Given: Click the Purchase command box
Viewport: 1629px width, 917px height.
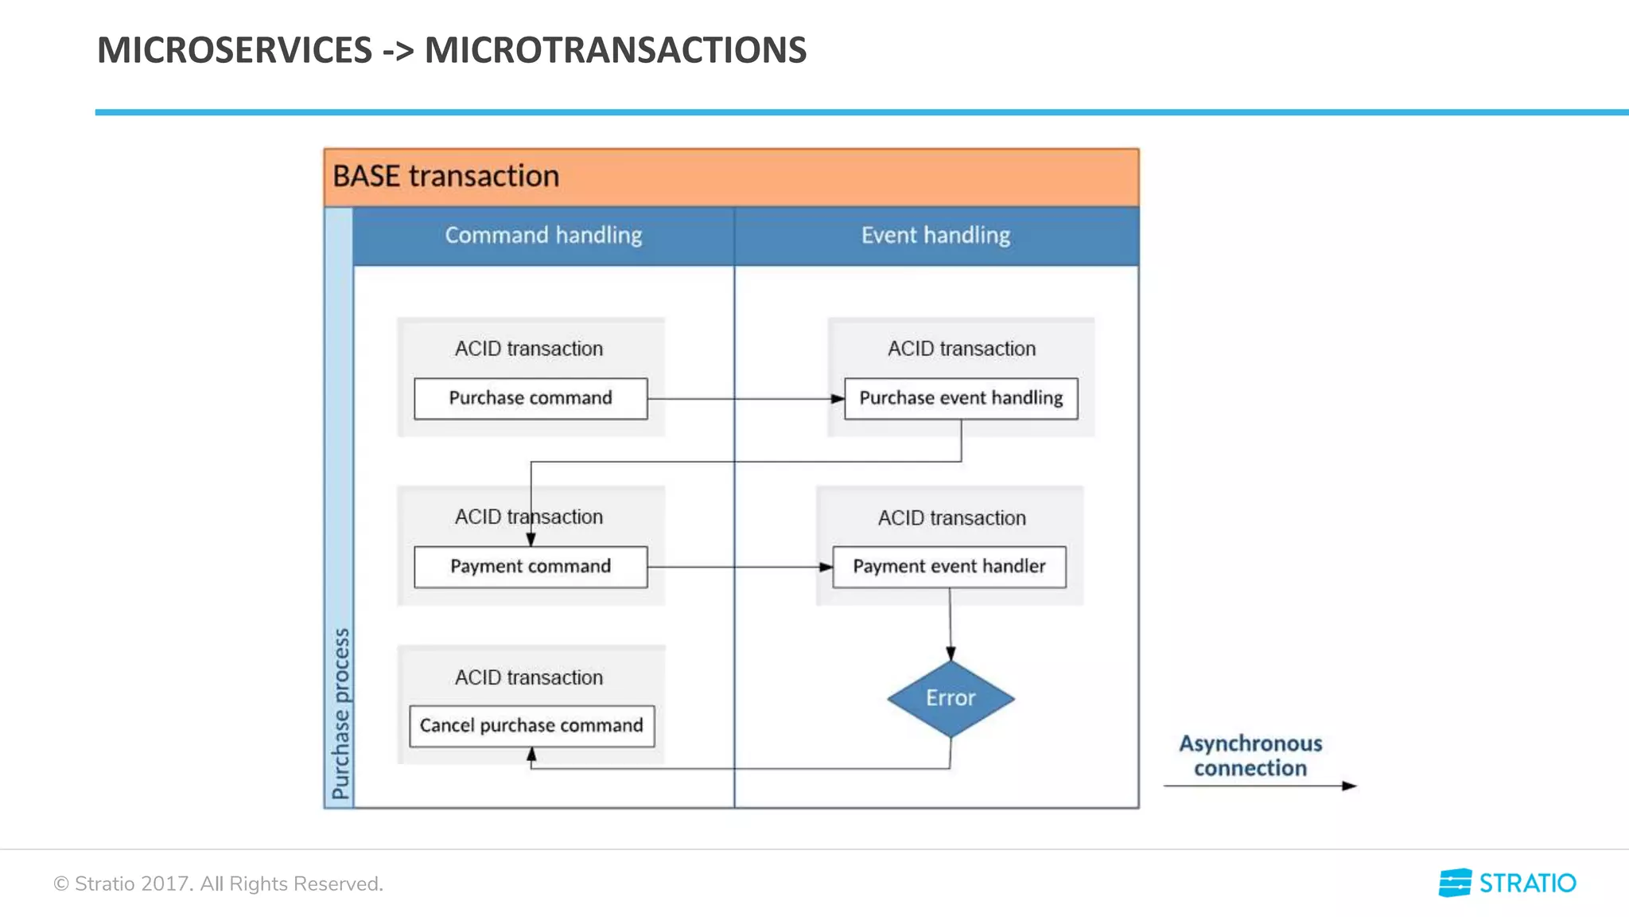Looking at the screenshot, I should (x=531, y=398).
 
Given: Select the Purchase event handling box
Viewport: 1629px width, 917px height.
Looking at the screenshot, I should (x=961, y=398).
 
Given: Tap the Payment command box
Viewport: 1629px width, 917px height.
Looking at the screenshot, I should (x=531, y=567).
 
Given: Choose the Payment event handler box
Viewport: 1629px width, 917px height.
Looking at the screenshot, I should (x=949, y=567).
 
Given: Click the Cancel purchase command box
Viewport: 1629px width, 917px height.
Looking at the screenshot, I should (x=531, y=726).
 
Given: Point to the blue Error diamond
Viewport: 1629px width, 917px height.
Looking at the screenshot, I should (x=951, y=699).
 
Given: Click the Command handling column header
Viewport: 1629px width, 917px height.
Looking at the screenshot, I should (x=543, y=236).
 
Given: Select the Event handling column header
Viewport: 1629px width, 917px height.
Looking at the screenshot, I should (x=935, y=236).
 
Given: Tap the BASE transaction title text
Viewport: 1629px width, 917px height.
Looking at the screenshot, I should (x=445, y=176).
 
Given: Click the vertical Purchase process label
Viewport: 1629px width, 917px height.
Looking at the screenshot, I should (x=340, y=713).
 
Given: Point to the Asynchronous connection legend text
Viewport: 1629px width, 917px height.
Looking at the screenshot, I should (x=1250, y=755).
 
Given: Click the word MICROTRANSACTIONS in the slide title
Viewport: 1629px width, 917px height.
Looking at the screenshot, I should (x=615, y=50).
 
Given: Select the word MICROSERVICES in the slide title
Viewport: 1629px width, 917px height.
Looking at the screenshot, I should (x=235, y=50).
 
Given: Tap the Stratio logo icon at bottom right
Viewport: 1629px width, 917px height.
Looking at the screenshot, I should (x=1455, y=883).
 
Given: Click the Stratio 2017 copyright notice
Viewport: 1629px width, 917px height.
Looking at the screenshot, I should (x=218, y=884).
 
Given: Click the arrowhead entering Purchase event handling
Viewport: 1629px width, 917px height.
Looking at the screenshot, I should (x=838, y=399).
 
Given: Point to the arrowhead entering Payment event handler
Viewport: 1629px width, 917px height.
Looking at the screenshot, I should (x=826, y=568).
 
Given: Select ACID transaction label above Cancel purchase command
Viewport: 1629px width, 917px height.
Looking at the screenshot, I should (x=529, y=677).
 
